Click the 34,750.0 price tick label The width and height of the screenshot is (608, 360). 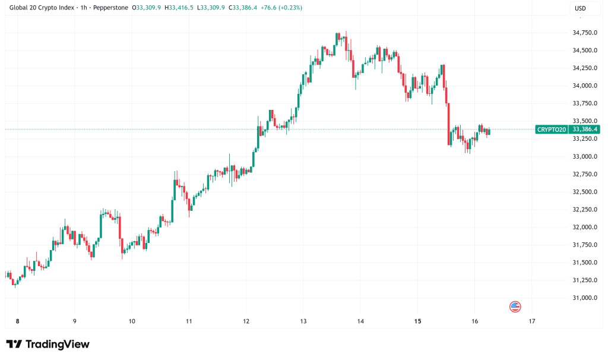[x=584, y=33]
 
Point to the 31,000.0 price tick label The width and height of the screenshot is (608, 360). [x=584, y=298]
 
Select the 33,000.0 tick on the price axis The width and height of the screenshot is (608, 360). [x=584, y=156]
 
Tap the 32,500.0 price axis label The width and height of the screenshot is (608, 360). [x=584, y=192]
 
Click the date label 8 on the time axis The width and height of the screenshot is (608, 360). [x=18, y=321]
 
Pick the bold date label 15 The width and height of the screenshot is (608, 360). [x=417, y=321]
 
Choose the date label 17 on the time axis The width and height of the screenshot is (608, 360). [x=531, y=321]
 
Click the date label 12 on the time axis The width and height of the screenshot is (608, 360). [x=246, y=321]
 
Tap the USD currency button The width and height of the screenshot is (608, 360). [x=581, y=8]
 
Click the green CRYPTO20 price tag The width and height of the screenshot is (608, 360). [x=552, y=130]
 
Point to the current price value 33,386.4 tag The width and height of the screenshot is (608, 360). [x=584, y=130]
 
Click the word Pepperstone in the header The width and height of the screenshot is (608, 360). [x=113, y=8]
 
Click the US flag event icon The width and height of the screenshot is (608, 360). [x=515, y=307]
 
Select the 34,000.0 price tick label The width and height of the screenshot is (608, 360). [x=584, y=86]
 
